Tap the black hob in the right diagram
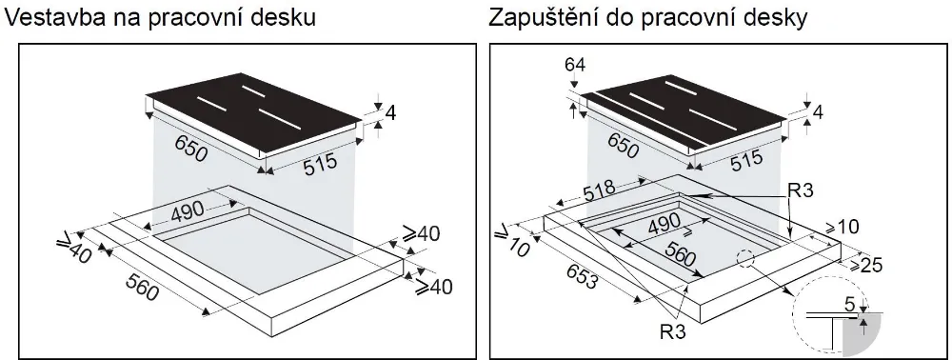point(685,119)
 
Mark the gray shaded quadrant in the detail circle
point(869,334)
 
